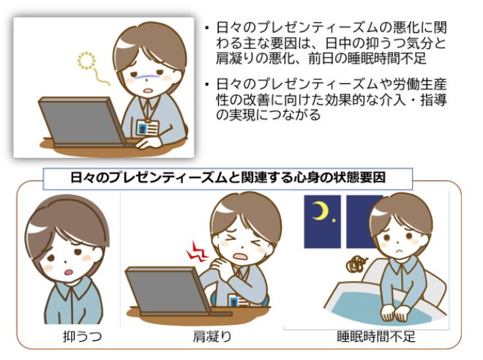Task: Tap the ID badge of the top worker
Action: pyautogui.click(x=146, y=127)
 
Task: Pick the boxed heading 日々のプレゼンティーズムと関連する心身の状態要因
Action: pyautogui.click(x=229, y=176)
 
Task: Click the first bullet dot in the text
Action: pyautogui.click(x=207, y=29)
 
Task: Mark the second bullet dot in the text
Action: pyautogui.click(x=207, y=80)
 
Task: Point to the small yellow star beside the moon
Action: pyautogui.click(x=336, y=219)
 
